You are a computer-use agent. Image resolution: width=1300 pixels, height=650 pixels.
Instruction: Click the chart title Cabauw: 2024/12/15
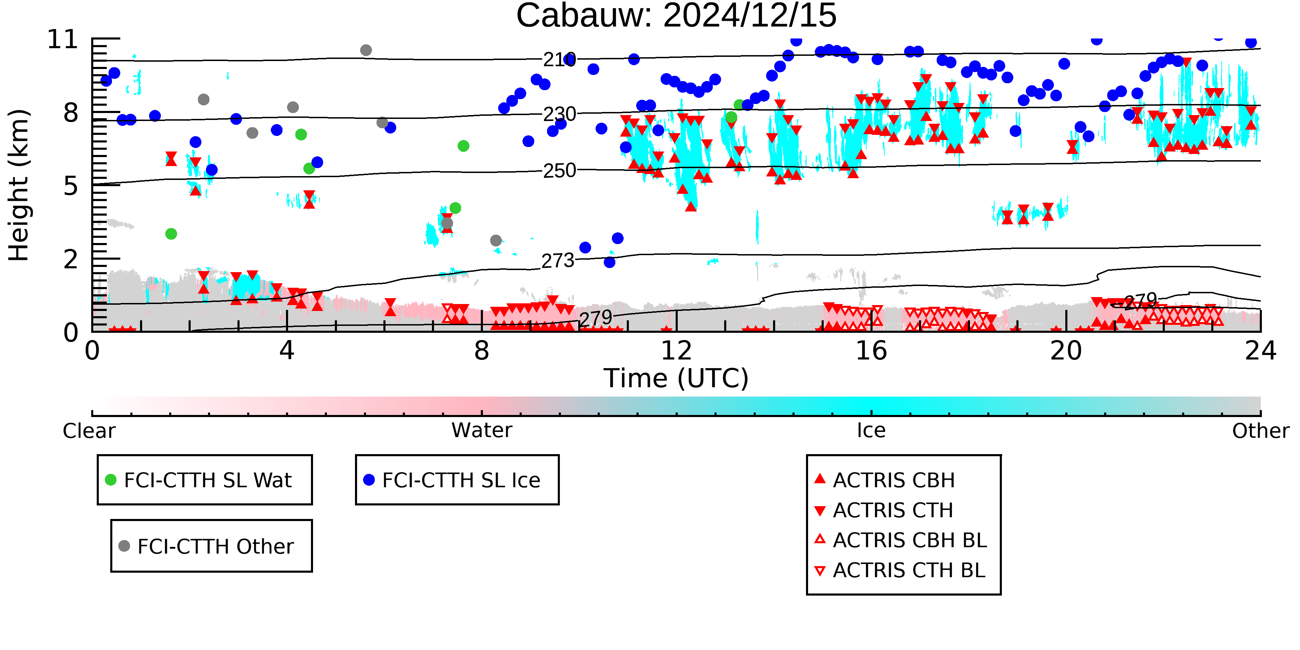click(x=676, y=15)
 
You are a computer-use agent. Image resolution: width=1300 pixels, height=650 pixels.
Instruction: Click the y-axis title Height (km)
click(x=19, y=185)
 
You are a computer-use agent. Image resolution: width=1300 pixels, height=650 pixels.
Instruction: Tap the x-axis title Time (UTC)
click(x=676, y=379)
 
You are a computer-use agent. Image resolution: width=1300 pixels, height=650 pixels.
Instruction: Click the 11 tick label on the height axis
click(x=63, y=40)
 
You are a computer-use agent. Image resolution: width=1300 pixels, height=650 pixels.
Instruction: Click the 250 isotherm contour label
click(x=559, y=171)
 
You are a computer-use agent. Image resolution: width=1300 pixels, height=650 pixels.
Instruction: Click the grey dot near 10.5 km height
click(x=366, y=50)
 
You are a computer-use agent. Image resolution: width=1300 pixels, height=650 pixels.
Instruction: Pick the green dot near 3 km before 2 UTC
click(x=171, y=234)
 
